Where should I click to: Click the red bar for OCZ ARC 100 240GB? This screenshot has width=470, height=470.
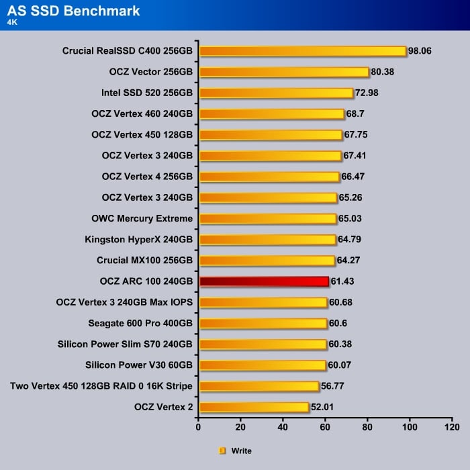click(264, 281)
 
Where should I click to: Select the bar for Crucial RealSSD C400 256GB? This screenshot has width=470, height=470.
click(303, 51)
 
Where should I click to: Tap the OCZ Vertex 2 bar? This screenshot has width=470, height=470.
click(254, 407)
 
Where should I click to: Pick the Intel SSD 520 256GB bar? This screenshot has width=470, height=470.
click(276, 93)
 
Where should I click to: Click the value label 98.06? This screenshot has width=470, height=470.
click(422, 51)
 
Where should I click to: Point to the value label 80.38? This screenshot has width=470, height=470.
click(384, 72)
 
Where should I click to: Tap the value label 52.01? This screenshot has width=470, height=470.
click(324, 407)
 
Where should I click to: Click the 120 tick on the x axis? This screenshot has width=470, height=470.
click(453, 427)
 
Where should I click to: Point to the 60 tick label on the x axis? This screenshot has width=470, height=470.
click(326, 427)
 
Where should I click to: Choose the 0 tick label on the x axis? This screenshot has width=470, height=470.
click(199, 427)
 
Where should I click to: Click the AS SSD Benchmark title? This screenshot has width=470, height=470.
click(74, 10)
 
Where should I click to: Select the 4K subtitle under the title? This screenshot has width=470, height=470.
click(13, 21)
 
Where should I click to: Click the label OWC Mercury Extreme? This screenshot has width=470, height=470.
click(142, 219)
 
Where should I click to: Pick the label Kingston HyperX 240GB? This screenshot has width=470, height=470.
click(139, 240)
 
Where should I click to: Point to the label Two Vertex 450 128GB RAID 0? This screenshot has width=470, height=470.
click(101, 386)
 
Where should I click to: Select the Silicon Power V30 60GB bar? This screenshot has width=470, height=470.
click(263, 365)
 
